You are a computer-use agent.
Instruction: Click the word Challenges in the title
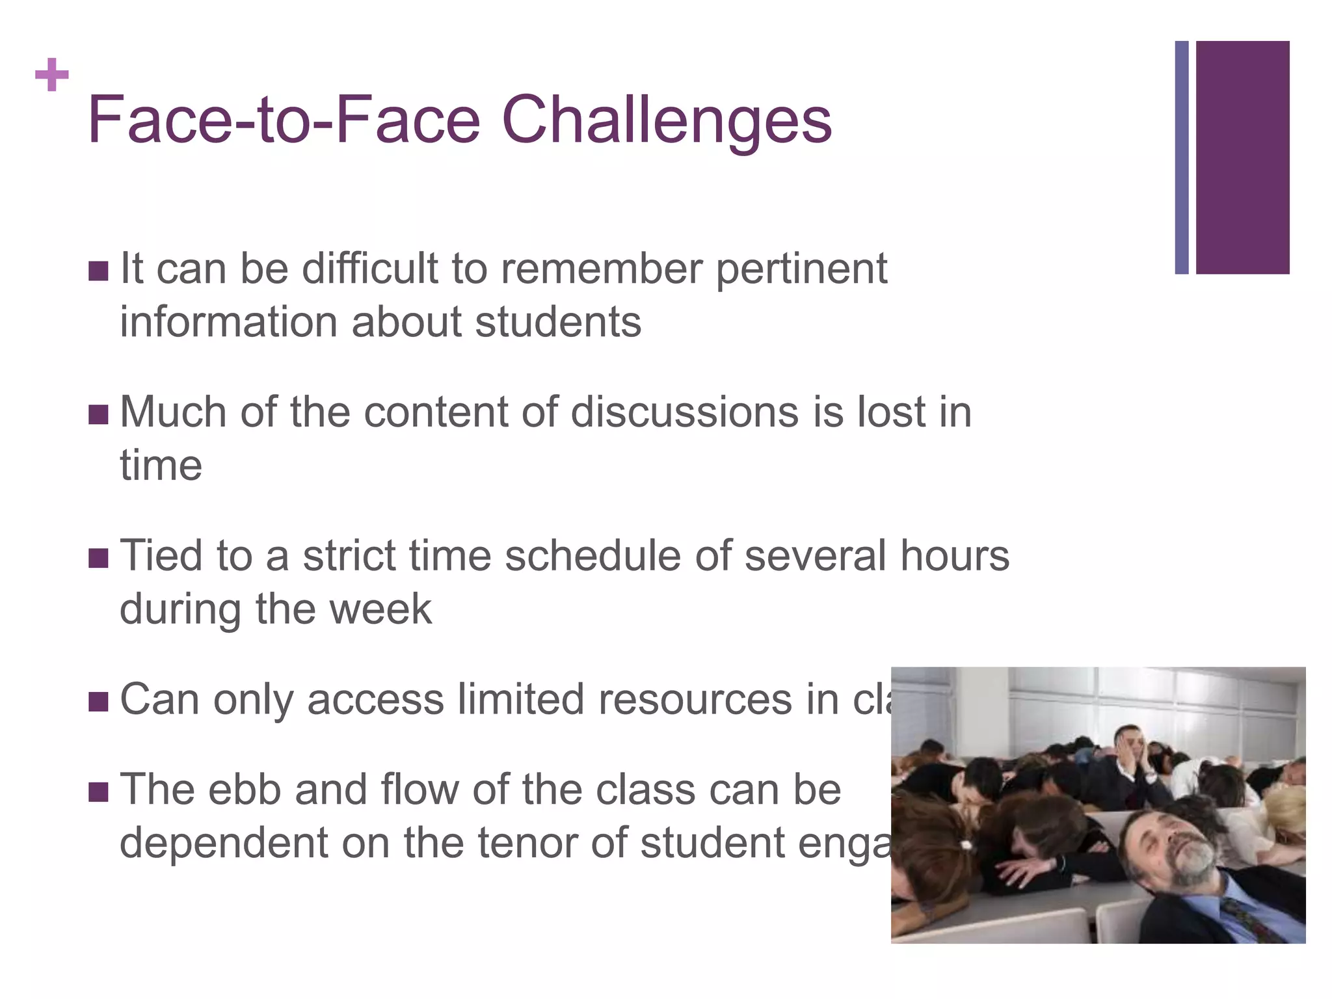click(667, 120)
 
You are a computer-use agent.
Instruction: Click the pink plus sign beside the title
click(52, 75)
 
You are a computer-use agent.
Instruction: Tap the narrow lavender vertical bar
click(1182, 157)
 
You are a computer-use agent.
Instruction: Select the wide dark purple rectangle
click(1242, 157)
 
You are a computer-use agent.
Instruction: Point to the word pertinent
click(801, 269)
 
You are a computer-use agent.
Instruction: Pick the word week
click(380, 609)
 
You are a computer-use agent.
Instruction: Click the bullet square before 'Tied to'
click(98, 557)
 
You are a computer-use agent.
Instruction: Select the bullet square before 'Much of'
click(98, 414)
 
